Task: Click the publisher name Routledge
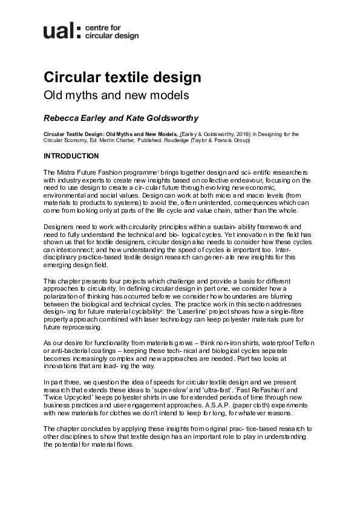click(x=206, y=140)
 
